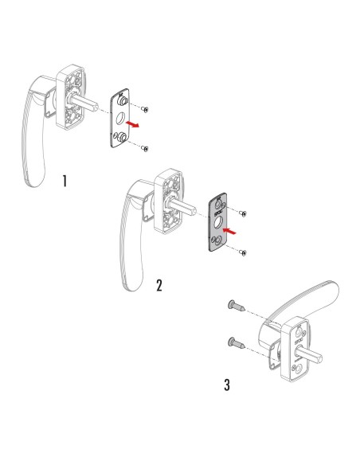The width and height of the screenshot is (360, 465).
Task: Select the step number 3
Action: pos(228,385)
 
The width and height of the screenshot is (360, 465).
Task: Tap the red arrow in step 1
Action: pos(137,125)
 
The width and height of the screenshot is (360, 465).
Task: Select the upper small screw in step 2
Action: pos(244,214)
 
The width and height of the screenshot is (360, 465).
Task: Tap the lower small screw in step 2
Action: pos(245,252)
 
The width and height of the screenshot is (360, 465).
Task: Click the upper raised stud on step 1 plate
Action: pos(123,102)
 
